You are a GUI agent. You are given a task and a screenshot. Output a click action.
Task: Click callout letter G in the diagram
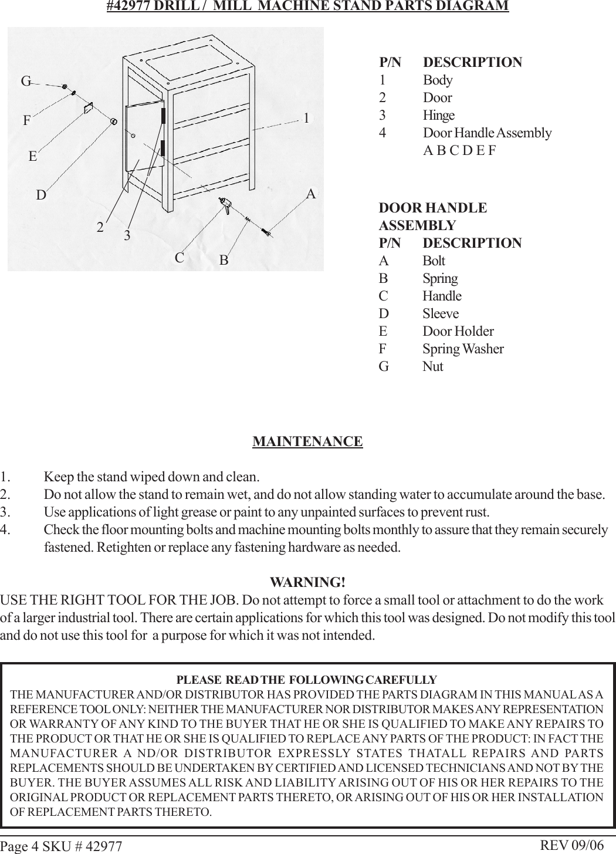coord(26,82)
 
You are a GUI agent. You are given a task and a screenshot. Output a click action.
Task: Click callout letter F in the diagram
coord(26,121)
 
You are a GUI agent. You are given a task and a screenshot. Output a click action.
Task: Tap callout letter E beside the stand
coord(33,157)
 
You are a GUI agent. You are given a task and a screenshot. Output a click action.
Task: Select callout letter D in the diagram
coord(41,195)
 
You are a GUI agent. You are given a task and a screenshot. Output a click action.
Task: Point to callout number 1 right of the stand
coord(306,118)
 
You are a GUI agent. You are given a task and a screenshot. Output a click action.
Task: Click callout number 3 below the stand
coord(127,236)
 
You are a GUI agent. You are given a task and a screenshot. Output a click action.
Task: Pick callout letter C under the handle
coord(180,258)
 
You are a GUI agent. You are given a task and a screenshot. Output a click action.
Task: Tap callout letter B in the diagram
coord(224,259)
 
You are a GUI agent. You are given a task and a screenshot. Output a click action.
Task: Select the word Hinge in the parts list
coord(438,115)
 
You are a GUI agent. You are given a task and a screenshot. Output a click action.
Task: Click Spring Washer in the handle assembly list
coord(463,349)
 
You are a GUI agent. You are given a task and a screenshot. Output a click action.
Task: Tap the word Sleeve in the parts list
coord(441,313)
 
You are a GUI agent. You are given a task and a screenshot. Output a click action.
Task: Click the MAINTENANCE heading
coord(307,441)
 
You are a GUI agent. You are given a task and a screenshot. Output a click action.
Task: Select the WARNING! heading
coord(307,583)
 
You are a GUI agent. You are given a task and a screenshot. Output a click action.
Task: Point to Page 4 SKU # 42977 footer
coord(61,846)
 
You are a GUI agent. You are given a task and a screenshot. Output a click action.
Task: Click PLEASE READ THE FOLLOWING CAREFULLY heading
coord(307,680)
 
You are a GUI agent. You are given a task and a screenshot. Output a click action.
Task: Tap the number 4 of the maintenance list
coord(5,530)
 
